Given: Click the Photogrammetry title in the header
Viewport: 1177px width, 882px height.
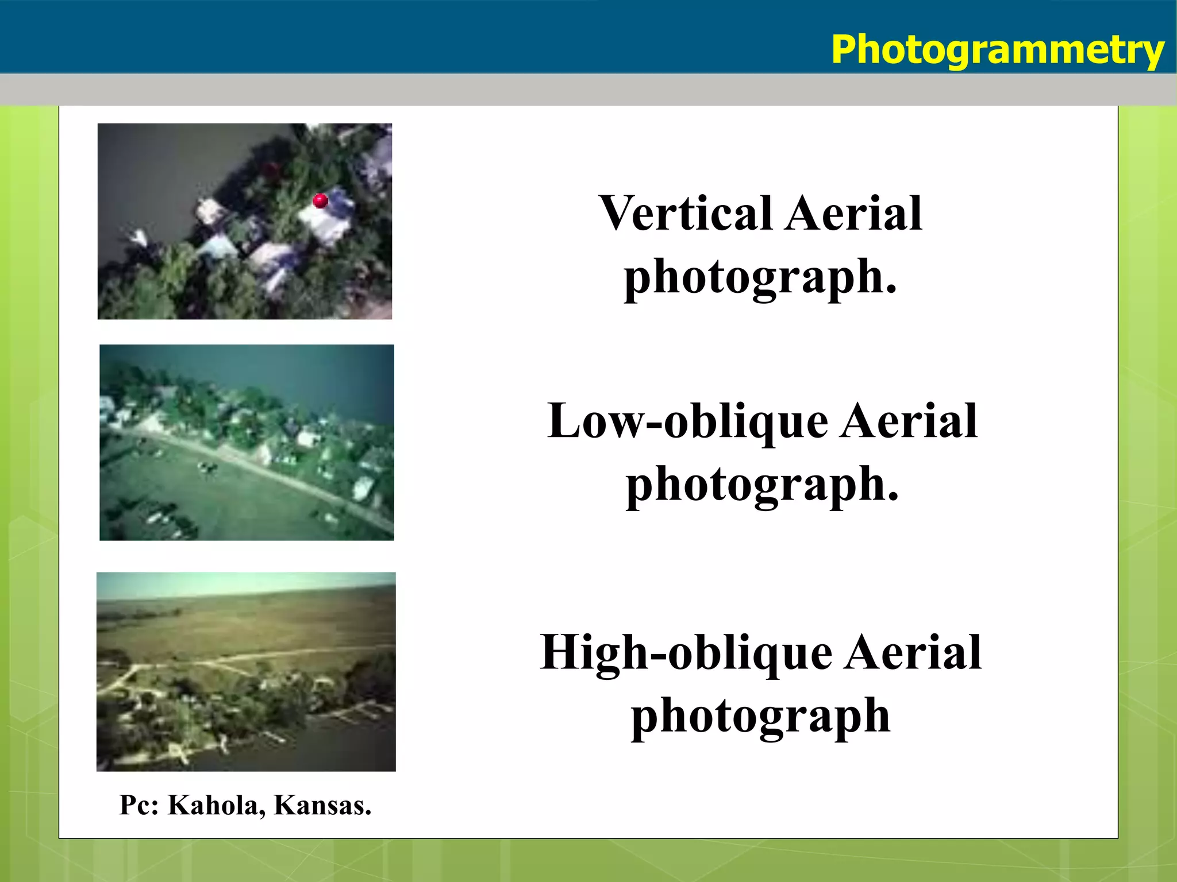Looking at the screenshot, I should pyautogui.click(x=997, y=50).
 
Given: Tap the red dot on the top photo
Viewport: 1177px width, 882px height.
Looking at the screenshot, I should pyautogui.click(x=320, y=200).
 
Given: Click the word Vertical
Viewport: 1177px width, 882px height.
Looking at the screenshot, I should pyautogui.click(x=685, y=214).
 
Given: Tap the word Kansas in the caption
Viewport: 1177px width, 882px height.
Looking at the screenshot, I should pyautogui.click(x=322, y=805).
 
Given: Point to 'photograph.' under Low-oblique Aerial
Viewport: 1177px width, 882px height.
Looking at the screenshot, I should pyautogui.click(x=762, y=486).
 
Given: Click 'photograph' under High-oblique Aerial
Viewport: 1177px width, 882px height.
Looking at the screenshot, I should pyautogui.click(x=760, y=717).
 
